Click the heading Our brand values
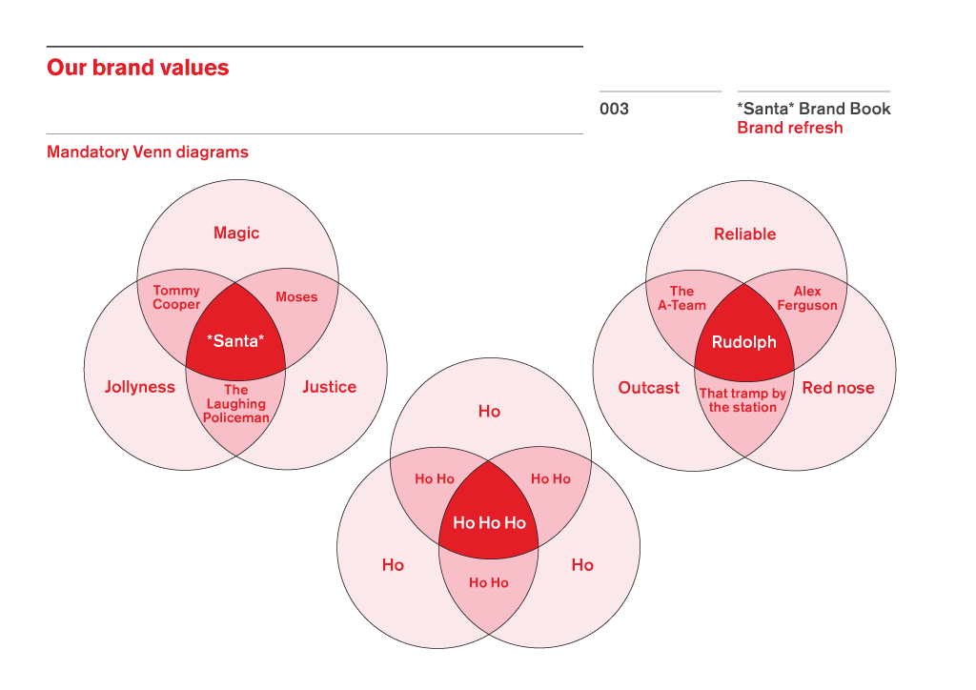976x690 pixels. click(x=137, y=68)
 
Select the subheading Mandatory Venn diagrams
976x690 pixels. click(x=148, y=152)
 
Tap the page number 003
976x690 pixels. click(x=614, y=109)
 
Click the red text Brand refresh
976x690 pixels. click(x=790, y=128)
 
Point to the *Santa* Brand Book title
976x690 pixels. click(x=814, y=109)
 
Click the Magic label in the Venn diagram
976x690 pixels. click(x=236, y=233)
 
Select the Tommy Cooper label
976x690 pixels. click(x=176, y=297)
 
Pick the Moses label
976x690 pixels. click(x=296, y=296)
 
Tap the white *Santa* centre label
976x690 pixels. click(x=235, y=340)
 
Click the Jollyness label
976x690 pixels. click(x=140, y=387)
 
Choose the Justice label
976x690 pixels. click(x=329, y=387)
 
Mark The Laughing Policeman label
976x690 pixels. click(x=236, y=404)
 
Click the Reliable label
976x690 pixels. click(x=745, y=233)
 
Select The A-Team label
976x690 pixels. click(x=682, y=298)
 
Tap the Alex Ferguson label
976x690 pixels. click(x=807, y=298)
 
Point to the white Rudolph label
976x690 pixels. click(x=743, y=342)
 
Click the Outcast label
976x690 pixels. click(x=648, y=388)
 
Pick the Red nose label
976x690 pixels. click(x=839, y=388)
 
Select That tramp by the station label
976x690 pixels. click(x=742, y=400)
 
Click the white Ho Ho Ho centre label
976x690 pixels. click(x=489, y=522)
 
